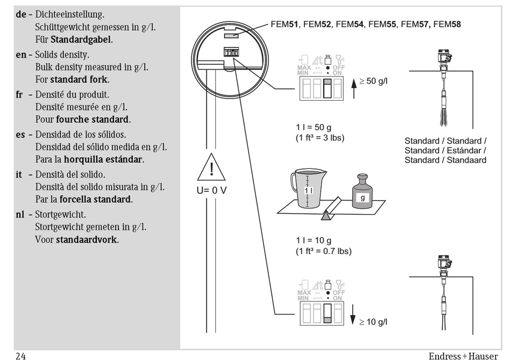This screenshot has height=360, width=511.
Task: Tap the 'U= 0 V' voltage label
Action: point(212,190)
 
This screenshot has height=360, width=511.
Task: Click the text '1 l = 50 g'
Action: point(315,127)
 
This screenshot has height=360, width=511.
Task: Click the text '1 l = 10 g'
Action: point(315,240)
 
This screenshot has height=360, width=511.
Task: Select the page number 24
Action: point(21,355)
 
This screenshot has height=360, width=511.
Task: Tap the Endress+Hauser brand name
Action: point(463,355)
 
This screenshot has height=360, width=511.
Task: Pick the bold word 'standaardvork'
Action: point(87,239)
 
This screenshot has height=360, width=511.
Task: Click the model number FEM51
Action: point(284,24)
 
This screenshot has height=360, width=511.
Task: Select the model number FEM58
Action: point(446,24)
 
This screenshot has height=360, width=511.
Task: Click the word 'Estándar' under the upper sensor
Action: point(467,150)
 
